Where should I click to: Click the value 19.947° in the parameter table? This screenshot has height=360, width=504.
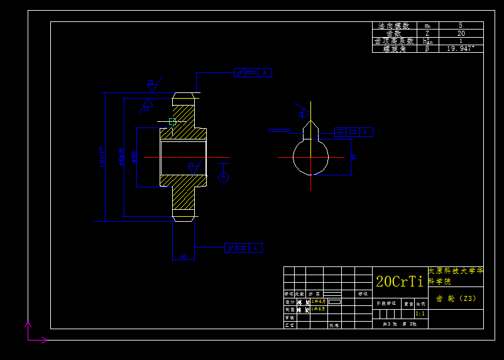461,48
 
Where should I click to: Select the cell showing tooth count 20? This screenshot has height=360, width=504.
461,33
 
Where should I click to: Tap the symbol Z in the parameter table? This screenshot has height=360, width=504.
427,33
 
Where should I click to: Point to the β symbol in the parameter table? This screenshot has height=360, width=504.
427,48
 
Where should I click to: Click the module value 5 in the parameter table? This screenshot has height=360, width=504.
461,26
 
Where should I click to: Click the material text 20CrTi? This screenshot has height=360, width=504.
399,281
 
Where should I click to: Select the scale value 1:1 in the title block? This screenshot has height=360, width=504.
420,313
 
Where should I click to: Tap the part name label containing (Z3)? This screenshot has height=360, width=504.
456,298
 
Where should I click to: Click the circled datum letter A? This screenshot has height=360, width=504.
223,178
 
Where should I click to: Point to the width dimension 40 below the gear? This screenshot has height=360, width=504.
183,257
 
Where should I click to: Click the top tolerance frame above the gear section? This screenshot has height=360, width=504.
253,73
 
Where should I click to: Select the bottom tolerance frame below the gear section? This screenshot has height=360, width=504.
243,248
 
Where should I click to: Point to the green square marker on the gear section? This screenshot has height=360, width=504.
172,122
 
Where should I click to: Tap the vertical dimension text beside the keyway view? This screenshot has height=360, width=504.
354,156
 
